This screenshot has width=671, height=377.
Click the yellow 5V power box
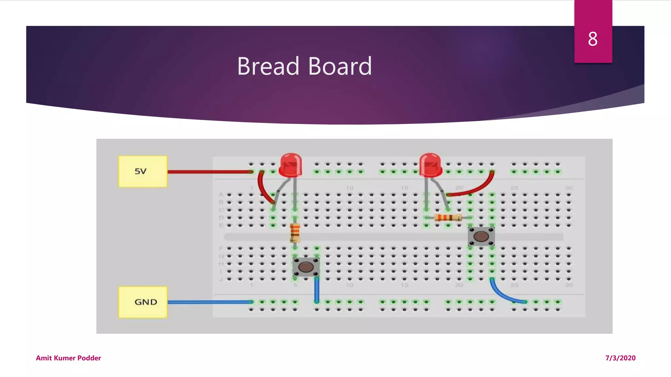pos(143,171)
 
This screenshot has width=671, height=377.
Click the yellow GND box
pos(143,302)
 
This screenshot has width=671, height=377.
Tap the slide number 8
pos(592,39)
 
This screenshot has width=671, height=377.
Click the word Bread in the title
pos(268,66)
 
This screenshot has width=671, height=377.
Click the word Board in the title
pos(340,66)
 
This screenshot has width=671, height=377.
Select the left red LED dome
pos(290,164)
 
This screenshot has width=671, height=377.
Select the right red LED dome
pos(430,164)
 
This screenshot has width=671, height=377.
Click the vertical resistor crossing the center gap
pos(295,232)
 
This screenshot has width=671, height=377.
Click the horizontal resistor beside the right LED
pos(448,217)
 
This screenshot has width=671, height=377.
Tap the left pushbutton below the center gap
pos(306,267)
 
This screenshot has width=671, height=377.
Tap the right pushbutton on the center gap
pos(481,236)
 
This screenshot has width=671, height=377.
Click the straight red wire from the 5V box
pos(210,171)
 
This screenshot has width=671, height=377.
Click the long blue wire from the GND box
pos(210,302)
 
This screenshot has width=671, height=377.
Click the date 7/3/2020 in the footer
pos(620,358)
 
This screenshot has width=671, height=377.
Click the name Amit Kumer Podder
pos(68,358)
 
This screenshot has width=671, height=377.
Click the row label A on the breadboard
pos(221,194)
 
